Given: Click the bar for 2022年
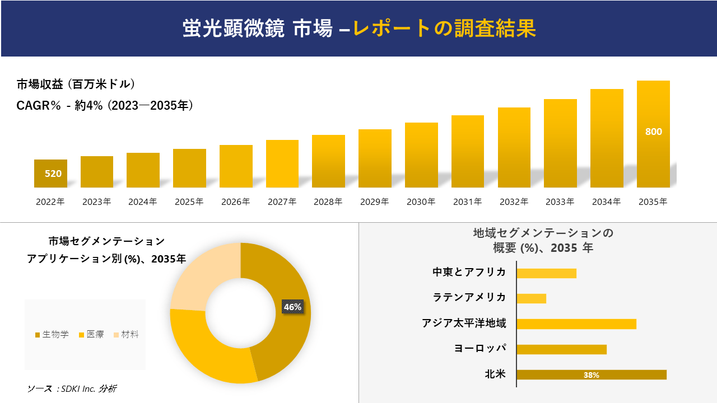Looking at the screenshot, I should click(50, 174).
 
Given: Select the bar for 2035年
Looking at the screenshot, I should click(653, 134).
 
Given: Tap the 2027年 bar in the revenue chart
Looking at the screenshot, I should click(282, 163).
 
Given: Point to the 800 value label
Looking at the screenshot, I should click(653, 132).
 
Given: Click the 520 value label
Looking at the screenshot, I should click(53, 174).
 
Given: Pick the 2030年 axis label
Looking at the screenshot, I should click(421, 202).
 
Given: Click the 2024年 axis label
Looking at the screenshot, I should click(143, 202).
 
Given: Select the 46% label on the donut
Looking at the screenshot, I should click(292, 307).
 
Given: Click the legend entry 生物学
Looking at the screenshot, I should click(52, 335).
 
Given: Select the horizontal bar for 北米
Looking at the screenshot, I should click(591, 375).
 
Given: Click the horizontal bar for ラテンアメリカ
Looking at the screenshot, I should click(531, 298).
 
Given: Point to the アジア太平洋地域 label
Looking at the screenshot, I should click(464, 324).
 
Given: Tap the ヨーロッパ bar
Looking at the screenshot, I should click(561, 349).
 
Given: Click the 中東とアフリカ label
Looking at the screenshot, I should click(469, 273).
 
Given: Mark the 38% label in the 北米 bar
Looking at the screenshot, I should click(591, 375).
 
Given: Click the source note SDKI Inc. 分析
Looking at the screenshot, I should click(72, 388).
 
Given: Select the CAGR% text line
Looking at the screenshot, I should click(105, 105).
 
